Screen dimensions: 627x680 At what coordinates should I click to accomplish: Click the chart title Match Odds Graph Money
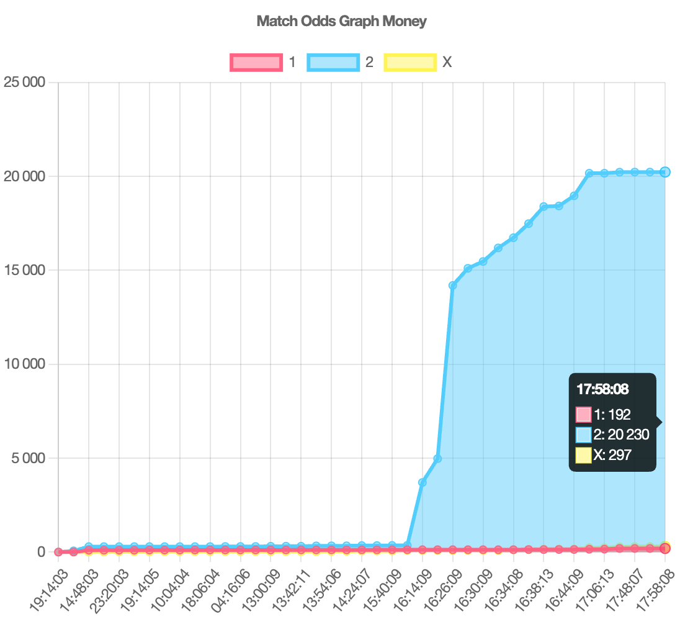tap(341, 21)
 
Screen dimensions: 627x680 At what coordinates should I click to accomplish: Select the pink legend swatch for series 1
tap(256, 62)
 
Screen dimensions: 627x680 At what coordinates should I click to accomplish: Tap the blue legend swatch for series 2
tap(333, 62)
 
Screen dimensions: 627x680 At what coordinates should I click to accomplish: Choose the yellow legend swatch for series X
tap(409, 62)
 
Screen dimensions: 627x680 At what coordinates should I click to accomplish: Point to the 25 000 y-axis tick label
tap(24, 82)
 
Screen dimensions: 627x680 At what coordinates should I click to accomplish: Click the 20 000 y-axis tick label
tap(24, 176)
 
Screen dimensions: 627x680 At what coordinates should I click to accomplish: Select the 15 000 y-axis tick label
tap(24, 270)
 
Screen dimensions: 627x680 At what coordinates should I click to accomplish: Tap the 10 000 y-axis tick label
tap(24, 364)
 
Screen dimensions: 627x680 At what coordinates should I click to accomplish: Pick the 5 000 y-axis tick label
tap(28, 458)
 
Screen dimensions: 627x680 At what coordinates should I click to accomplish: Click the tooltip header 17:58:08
tap(602, 390)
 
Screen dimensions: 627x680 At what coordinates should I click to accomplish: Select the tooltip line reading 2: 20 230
tap(620, 435)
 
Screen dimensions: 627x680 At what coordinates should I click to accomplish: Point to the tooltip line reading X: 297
tap(612, 455)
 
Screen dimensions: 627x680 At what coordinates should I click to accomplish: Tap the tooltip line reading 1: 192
tap(612, 415)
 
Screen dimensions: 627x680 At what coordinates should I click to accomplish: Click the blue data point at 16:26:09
tap(453, 286)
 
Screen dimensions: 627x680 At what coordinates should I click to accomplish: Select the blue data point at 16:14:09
tap(423, 482)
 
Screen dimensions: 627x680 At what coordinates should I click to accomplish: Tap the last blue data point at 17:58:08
tap(664, 172)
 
